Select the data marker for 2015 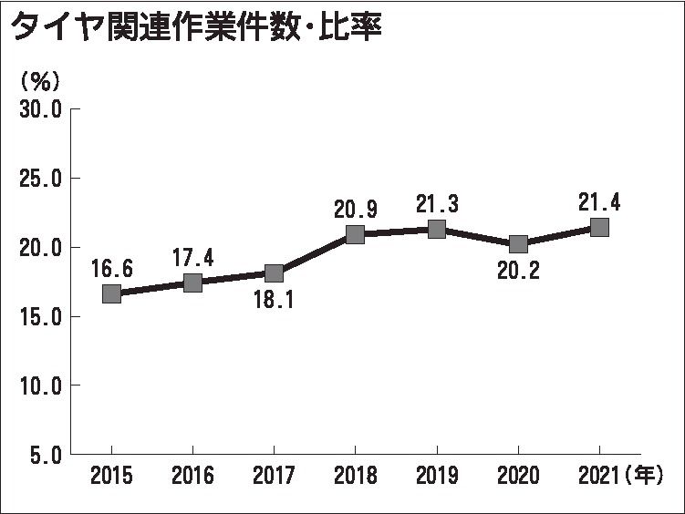(x=111, y=293)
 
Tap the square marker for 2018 (x=355, y=234)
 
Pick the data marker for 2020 (x=518, y=243)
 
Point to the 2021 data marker (x=599, y=227)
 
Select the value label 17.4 (x=193, y=258)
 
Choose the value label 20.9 (x=356, y=209)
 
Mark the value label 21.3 (x=437, y=203)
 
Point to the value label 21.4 (x=599, y=202)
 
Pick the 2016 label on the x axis (x=192, y=477)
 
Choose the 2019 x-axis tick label (x=437, y=477)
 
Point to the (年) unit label (x=644, y=477)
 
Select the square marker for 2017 (x=274, y=273)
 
